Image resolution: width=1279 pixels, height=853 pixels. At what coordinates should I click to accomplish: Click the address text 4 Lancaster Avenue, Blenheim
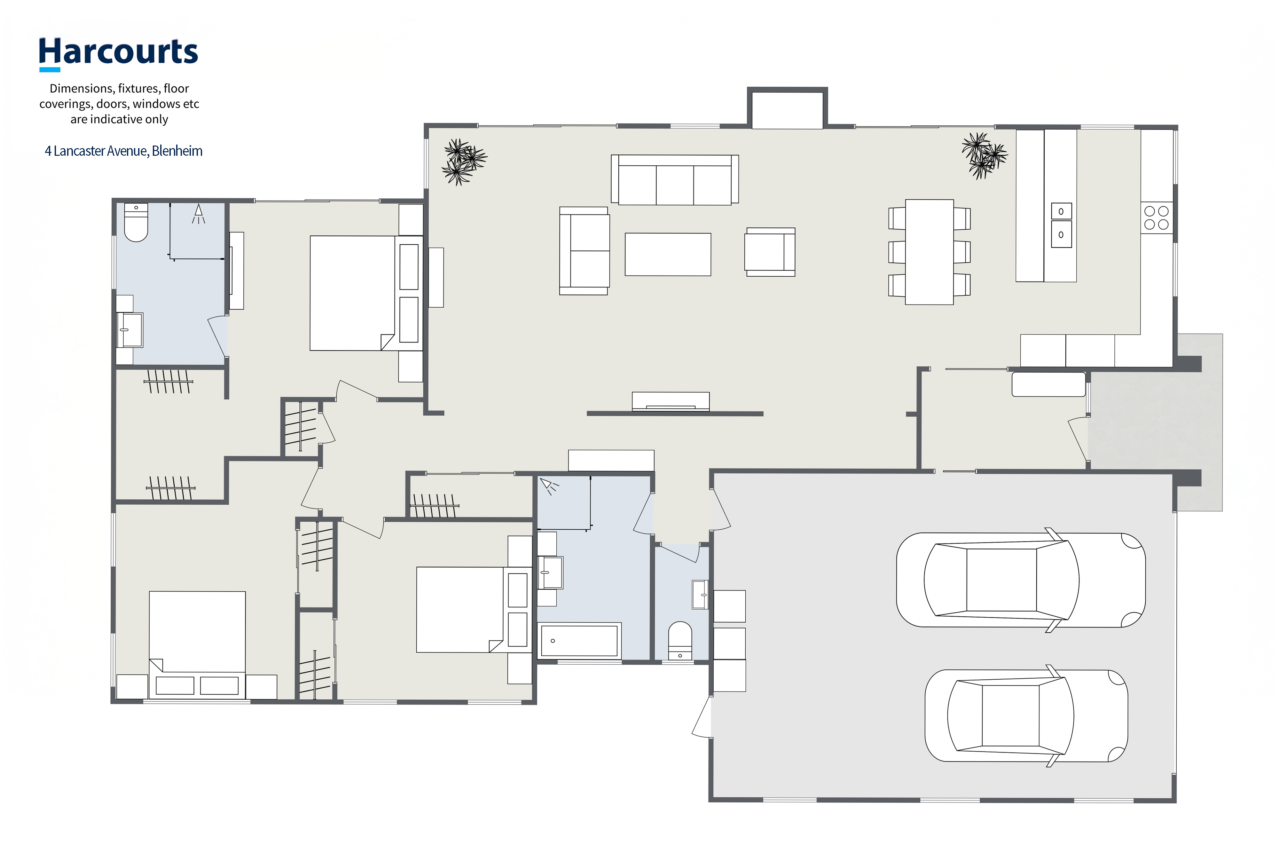point(123,151)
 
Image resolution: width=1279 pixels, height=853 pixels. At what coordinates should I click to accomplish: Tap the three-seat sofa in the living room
point(675,179)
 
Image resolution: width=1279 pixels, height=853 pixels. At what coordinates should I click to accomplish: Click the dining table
point(929,252)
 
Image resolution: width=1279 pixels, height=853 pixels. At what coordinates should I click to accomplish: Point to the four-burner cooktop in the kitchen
point(1157,217)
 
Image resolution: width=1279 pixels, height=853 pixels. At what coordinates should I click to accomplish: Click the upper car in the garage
point(1021,580)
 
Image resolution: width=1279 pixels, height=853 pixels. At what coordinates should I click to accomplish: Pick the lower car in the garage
point(1026,715)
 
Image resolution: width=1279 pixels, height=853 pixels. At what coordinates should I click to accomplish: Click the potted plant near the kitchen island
point(984,155)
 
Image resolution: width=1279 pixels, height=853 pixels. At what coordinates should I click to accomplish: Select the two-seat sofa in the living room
point(585,251)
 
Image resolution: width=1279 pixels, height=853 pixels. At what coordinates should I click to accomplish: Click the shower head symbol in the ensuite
point(199,213)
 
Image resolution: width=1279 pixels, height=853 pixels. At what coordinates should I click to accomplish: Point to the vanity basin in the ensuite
point(129,330)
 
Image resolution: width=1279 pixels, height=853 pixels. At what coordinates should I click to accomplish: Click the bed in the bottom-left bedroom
point(197,645)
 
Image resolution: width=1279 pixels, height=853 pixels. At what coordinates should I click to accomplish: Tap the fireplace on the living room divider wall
point(671,401)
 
